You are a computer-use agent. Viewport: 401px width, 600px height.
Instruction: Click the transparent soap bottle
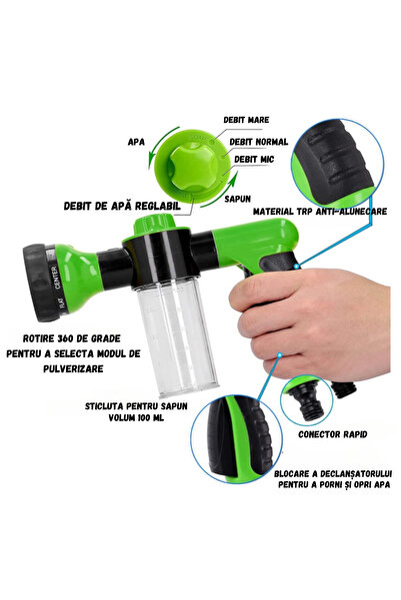coord(178,318)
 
